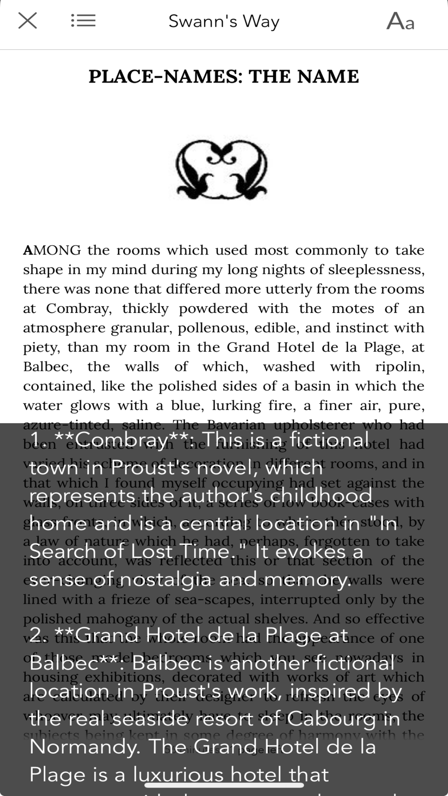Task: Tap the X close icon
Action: pos(27,21)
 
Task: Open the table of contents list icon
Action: pos(83,21)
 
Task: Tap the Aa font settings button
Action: pos(400,21)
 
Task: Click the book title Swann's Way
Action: pos(224,21)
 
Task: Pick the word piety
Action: pos(41,347)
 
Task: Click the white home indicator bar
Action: pos(224,784)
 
